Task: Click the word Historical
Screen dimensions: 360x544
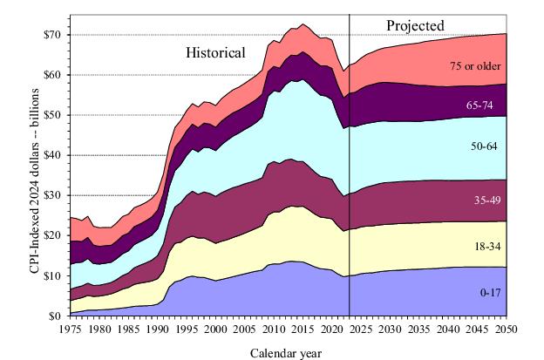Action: point(215,52)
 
